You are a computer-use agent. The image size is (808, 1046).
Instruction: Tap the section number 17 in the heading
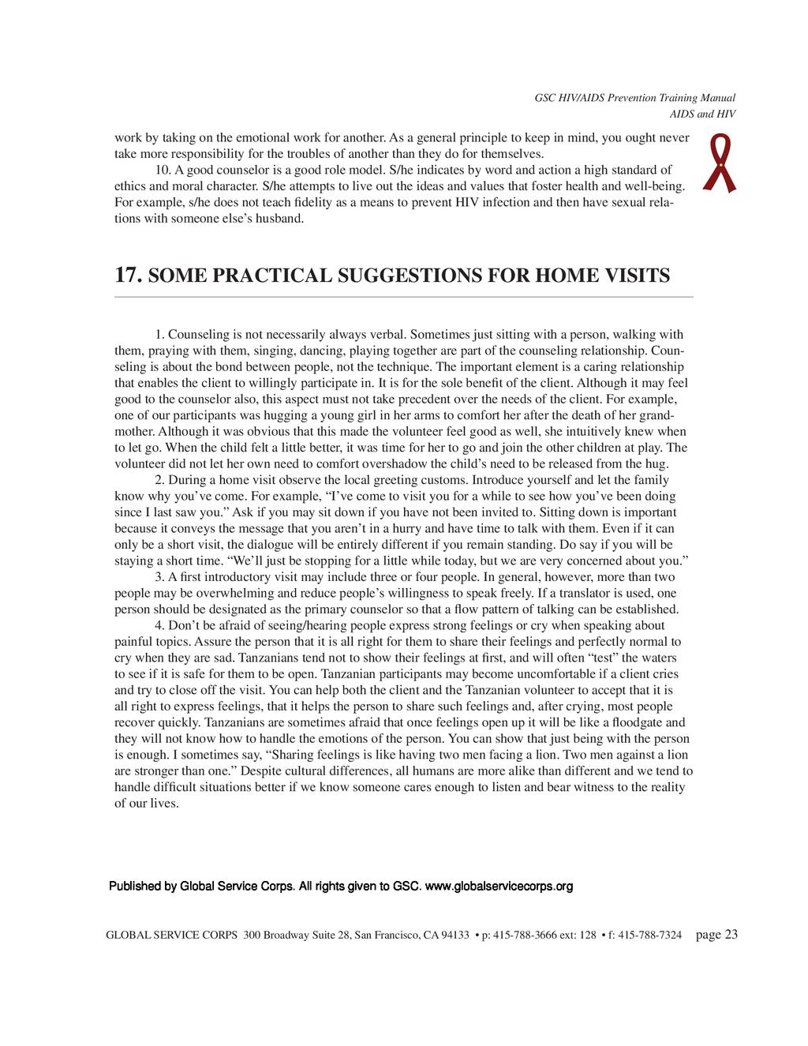(x=128, y=276)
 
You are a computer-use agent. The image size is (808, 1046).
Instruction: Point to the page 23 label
(x=717, y=935)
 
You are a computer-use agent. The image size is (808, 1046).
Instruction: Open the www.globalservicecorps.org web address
(x=499, y=887)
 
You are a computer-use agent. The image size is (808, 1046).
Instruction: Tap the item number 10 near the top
(x=163, y=170)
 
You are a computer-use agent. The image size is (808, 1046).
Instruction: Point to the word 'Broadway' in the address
(x=288, y=936)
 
